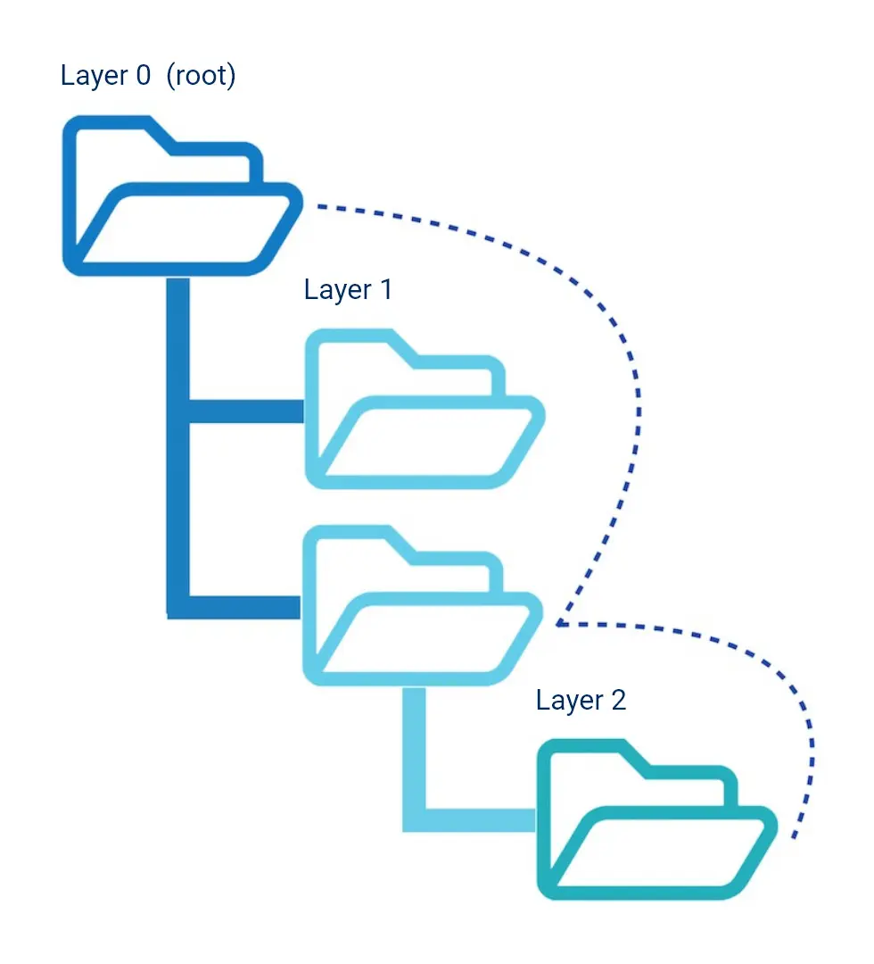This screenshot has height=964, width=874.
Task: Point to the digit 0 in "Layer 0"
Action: point(142,75)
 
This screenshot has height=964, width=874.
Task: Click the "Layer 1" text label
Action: point(348,290)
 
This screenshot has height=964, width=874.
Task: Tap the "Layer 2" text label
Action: point(581,701)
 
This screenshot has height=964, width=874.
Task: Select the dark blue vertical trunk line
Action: point(177,446)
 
